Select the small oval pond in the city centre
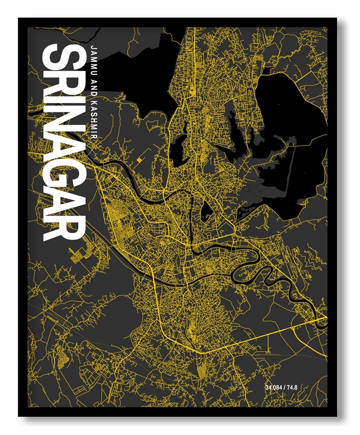tap(206, 211)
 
